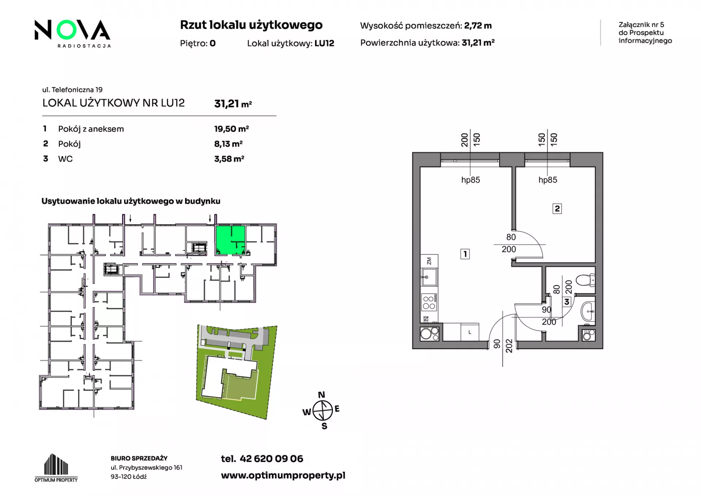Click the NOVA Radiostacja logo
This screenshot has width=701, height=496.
tap(72, 33)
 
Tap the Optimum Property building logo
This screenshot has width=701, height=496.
tap(56, 468)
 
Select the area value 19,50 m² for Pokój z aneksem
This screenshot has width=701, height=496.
tap(231, 129)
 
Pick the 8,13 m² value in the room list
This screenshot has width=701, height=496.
tap(228, 144)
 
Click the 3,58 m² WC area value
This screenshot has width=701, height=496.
tap(229, 159)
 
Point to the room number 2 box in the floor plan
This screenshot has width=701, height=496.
tap(557, 209)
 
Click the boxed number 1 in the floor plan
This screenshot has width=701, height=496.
tap(465, 254)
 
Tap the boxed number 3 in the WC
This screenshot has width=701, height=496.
tap(567, 302)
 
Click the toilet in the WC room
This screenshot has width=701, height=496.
tap(585, 280)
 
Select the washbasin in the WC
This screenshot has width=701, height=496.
tap(588, 311)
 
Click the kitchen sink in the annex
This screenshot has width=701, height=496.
tap(429, 277)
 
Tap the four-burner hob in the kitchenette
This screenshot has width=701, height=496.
tap(429, 303)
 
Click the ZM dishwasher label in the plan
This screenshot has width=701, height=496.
tap(429, 261)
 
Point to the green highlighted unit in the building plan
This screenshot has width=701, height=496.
tap(230, 240)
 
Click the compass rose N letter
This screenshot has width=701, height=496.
tap(321, 395)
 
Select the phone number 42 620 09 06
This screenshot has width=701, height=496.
tap(271, 459)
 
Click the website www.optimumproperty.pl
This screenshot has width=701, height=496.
tap(283, 476)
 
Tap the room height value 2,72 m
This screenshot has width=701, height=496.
tap(478, 26)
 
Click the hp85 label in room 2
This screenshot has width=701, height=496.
tap(548, 180)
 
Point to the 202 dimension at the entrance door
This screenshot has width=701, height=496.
tap(509, 346)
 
